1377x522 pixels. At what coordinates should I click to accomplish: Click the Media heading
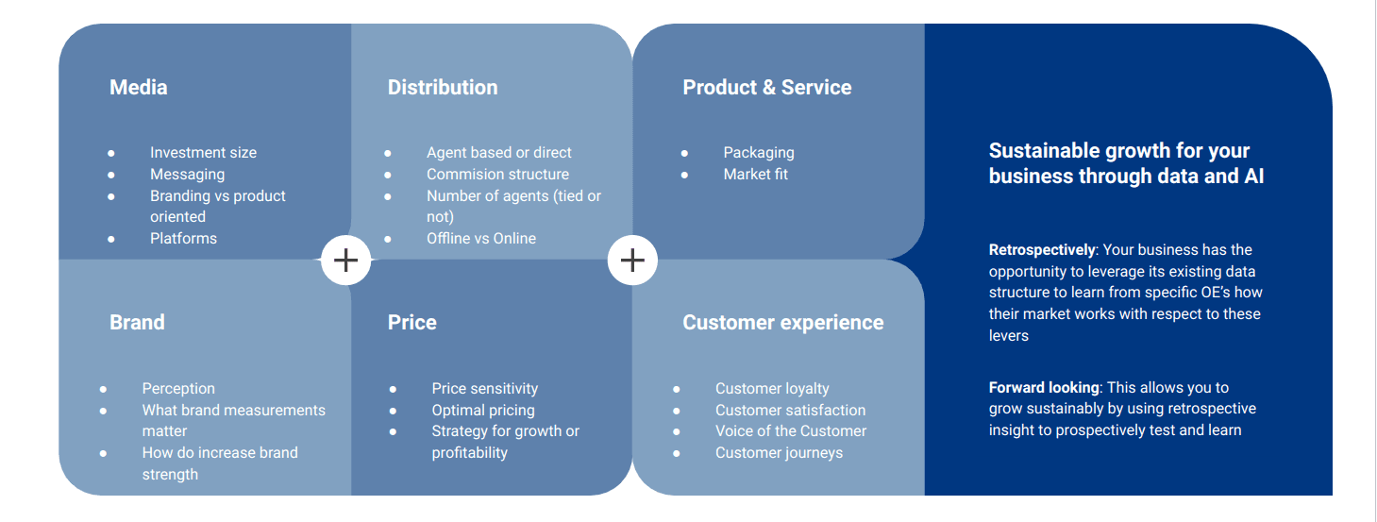[x=138, y=88]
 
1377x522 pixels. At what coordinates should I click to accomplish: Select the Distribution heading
[x=443, y=88]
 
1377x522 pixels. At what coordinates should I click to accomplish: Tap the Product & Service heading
[x=766, y=88]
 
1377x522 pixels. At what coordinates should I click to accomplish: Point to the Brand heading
[x=137, y=323]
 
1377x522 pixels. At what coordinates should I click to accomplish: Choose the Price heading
[x=411, y=323]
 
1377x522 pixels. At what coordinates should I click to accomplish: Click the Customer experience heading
[x=782, y=323]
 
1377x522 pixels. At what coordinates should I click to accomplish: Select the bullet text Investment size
[x=203, y=153]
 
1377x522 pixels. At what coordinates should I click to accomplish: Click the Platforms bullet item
[x=183, y=239]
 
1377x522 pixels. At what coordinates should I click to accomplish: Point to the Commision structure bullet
[x=497, y=175]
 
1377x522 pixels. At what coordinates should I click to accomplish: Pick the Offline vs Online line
[x=480, y=239]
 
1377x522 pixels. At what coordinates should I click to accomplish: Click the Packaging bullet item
[x=759, y=153]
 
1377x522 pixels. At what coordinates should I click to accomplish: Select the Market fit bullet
[x=755, y=175]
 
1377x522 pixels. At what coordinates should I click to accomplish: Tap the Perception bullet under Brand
[x=178, y=389]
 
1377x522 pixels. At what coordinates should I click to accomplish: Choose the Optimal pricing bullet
[x=483, y=411]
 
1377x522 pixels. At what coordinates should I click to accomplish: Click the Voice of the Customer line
[x=790, y=431]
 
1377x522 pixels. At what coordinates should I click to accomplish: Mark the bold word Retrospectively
[x=1041, y=250]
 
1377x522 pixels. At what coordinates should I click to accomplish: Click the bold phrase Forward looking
[x=1044, y=388]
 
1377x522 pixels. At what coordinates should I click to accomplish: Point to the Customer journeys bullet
[x=779, y=453]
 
